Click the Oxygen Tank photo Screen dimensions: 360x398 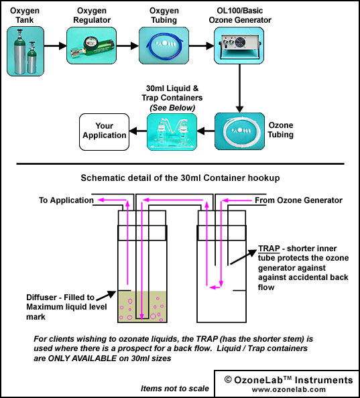[25, 52]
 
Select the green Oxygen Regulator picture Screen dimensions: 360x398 [91, 46]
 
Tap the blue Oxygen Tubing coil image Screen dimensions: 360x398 [164, 46]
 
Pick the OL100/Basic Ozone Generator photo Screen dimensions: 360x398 [239, 46]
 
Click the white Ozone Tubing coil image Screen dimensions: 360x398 [239, 131]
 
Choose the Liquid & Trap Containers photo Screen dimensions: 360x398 [172, 132]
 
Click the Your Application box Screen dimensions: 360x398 [105, 132]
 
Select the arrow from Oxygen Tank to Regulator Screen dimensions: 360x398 [56, 46]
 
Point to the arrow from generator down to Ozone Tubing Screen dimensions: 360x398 [239, 88]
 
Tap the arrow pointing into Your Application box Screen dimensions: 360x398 [138, 131]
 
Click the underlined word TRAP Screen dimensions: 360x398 [269, 249]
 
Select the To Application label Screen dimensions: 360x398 [66, 200]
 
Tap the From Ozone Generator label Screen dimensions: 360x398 [298, 200]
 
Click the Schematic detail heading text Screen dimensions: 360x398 [180, 178]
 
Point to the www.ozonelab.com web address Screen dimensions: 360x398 [289, 389]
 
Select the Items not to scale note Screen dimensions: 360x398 [175, 389]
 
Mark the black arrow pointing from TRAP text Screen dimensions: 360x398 [243, 257]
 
